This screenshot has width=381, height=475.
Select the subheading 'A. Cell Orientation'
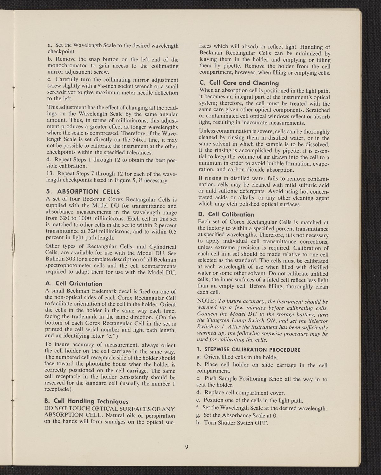[x=74, y=283]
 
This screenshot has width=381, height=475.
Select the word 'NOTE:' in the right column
[x=207, y=301]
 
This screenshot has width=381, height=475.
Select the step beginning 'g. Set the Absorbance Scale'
[x=237, y=416]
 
